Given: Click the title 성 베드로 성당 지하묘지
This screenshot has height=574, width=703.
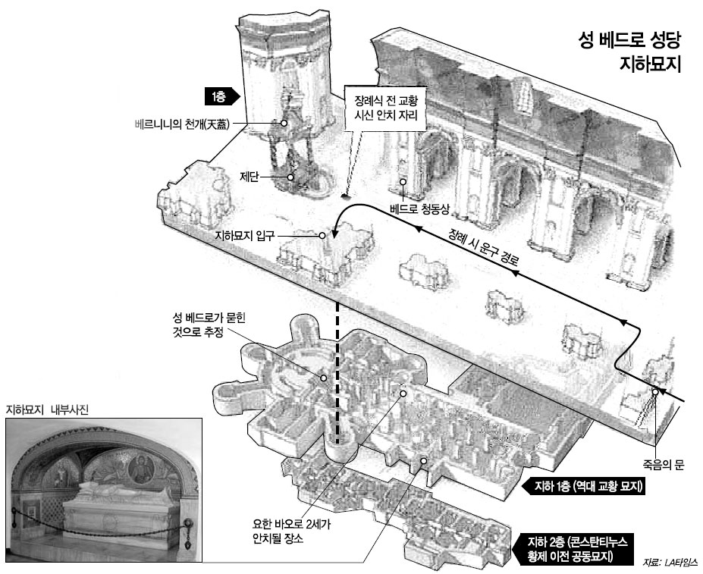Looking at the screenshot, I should click(629, 51).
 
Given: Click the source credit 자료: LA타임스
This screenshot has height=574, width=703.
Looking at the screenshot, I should click(669, 563).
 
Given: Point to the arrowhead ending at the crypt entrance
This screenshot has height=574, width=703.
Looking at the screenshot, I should click(333, 227).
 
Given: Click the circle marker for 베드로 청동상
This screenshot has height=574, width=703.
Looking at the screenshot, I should click(403, 182).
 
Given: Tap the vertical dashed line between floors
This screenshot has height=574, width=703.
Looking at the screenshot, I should click(337, 372).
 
